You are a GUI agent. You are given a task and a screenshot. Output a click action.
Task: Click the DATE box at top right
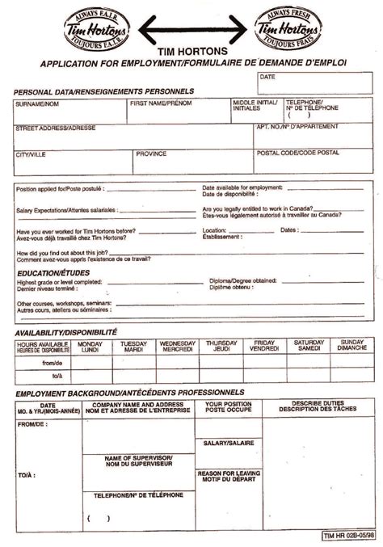314,80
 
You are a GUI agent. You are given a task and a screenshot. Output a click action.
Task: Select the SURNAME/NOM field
69,112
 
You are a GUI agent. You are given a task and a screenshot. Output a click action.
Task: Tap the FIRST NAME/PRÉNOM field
179,112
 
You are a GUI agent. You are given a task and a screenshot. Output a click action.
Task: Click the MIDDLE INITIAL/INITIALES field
255,112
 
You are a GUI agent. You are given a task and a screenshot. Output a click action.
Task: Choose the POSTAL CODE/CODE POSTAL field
314,162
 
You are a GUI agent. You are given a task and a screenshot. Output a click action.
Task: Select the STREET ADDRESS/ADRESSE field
133,137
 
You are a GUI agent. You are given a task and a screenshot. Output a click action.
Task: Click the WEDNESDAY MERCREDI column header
178,347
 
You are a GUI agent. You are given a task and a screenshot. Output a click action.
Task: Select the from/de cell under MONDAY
90,363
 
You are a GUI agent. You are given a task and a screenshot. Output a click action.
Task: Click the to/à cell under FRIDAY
265,376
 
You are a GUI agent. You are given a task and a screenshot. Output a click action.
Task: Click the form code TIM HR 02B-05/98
347,536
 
